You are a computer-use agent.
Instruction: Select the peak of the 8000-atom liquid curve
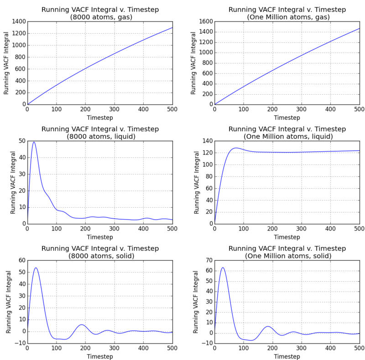[x=34, y=142]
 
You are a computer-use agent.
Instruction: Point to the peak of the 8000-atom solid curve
[x=36, y=268]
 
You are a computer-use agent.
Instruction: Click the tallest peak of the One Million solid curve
[x=223, y=267]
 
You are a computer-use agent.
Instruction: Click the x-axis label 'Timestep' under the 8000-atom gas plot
[x=100, y=118]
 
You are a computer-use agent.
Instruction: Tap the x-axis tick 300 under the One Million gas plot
[x=301, y=109]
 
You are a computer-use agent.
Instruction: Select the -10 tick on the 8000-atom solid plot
[x=19, y=343]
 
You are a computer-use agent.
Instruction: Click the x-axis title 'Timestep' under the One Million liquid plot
[x=287, y=237]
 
